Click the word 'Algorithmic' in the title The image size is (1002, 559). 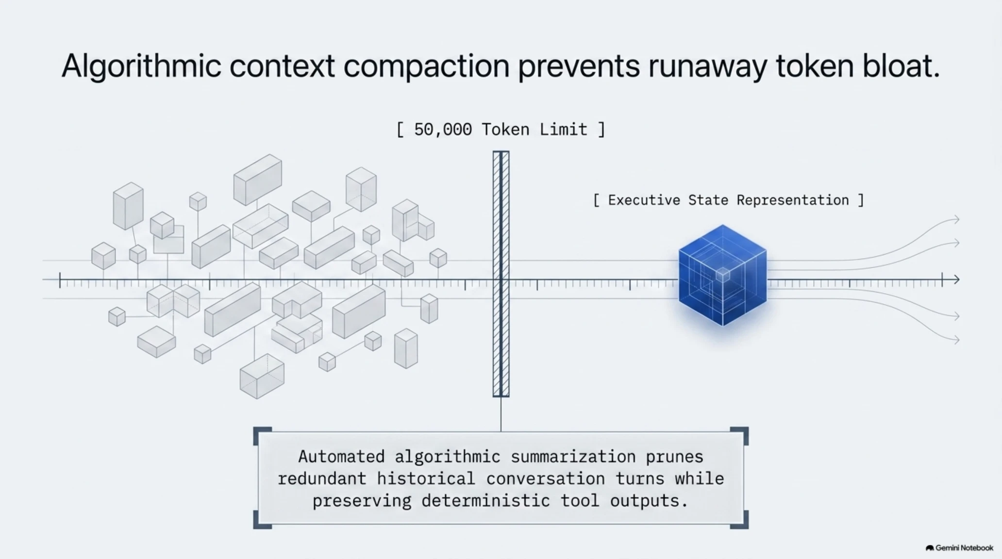(141, 66)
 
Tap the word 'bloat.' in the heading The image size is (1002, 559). (901, 66)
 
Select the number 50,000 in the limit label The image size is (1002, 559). (443, 130)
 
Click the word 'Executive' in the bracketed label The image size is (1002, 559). (644, 200)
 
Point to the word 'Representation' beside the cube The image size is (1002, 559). (793, 200)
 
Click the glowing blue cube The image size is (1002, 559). (722, 275)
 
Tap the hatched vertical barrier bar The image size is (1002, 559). (501, 274)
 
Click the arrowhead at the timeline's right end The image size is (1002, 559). (956, 279)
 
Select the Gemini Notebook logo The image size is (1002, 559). (959, 548)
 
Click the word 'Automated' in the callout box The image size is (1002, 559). (341, 457)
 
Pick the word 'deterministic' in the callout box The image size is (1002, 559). (485, 501)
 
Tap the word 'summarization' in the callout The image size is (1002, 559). (573, 457)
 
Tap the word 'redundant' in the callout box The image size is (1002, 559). (321, 479)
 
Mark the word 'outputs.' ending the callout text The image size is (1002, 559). (649, 501)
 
